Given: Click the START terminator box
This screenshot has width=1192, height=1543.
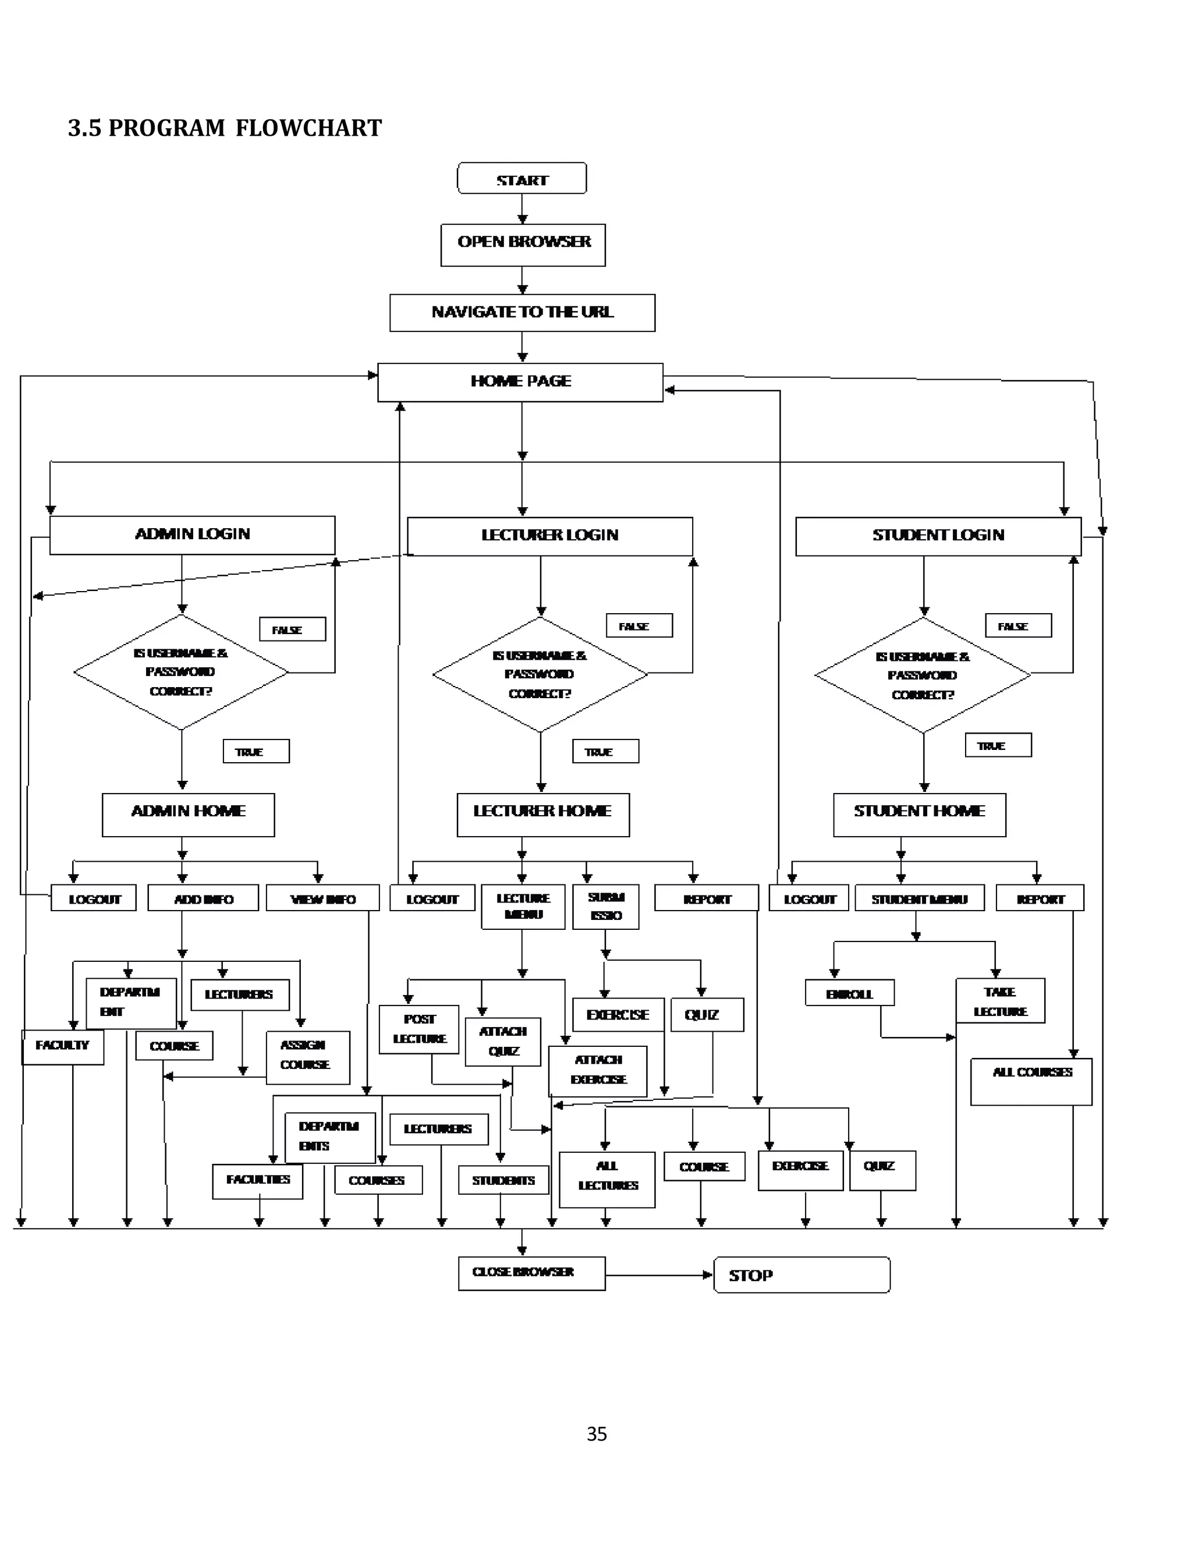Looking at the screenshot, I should tap(522, 179).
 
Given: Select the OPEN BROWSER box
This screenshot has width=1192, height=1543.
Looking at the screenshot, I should tap(523, 245).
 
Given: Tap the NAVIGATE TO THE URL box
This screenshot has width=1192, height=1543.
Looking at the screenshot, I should tap(522, 312).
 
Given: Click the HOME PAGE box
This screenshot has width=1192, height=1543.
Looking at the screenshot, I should tap(520, 382).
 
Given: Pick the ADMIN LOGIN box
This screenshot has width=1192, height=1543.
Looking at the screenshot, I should tap(192, 535).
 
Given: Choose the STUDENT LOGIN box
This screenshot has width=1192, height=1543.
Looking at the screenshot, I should tap(938, 536).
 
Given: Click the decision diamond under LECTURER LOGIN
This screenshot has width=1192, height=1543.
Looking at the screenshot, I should tap(540, 675).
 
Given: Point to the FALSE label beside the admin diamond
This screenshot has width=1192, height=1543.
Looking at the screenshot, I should tap(292, 629).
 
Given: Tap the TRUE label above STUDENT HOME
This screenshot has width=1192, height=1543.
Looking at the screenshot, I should tap(998, 745).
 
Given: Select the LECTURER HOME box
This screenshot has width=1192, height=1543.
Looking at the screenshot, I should tap(542, 814).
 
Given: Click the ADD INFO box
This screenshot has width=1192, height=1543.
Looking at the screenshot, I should tap(203, 898).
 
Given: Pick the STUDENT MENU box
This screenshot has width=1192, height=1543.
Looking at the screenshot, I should tap(918, 898).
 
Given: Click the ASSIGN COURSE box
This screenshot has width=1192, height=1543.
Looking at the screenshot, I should tap(308, 1057).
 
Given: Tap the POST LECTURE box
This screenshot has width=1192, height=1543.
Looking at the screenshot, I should tap(418, 1029).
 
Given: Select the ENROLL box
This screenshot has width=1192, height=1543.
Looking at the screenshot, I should tap(850, 992).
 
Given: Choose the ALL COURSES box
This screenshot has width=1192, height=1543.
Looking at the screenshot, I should tap(1031, 1081).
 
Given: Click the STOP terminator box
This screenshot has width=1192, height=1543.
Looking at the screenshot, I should tap(801, 1275).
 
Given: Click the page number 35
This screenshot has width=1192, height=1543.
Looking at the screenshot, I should tap(596, 1434).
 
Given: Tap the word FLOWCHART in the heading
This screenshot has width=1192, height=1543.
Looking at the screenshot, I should tap(308, 128).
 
